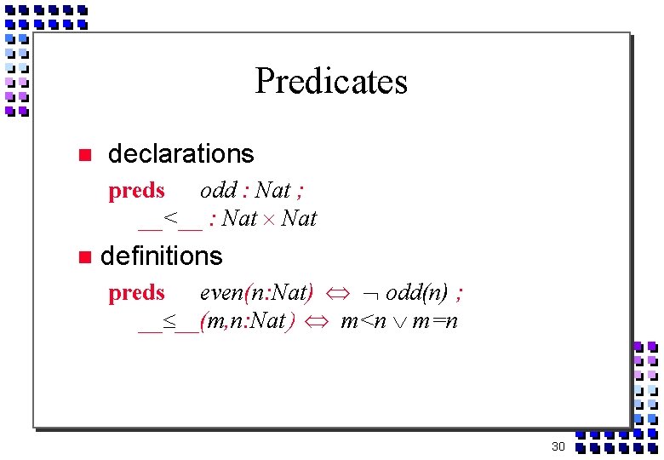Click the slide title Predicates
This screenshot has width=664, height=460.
[x=331, y=82]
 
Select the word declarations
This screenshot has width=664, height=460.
[x=180, y=154]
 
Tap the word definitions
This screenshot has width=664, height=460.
[x=161, y=256]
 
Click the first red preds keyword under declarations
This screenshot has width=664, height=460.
[x=136, y=191]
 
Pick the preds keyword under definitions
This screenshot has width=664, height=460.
[x=136, y=293]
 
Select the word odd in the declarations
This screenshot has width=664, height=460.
[x=218, y=191]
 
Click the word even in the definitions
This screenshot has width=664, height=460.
[x=220, y=293]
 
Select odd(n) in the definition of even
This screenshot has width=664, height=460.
[x=416, y=293]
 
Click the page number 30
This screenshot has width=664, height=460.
[x=558, y=446]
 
